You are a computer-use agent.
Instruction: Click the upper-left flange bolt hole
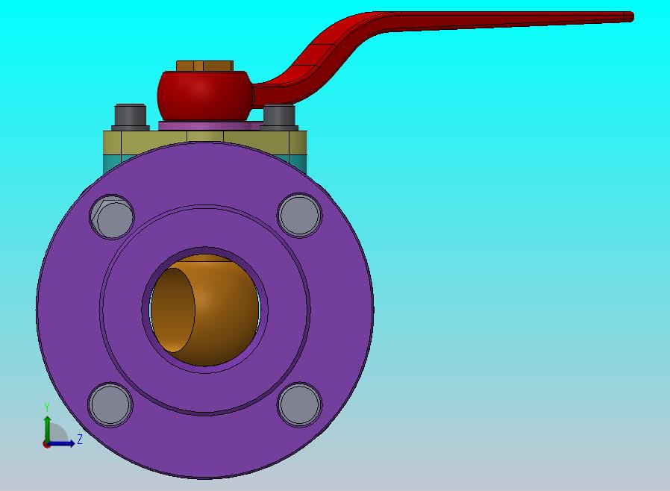[112, 216]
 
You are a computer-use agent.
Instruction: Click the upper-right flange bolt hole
[299, 216]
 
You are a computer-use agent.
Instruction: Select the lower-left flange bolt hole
[110, 404]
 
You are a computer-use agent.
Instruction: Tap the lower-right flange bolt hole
[299, 404]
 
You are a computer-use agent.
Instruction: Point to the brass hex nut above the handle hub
[204, 66]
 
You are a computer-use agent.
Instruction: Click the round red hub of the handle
[204, 96]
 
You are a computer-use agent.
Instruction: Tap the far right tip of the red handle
[632, 17]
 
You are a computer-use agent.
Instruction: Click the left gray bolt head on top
[131, 116]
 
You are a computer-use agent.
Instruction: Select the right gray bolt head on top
[279, 116]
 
